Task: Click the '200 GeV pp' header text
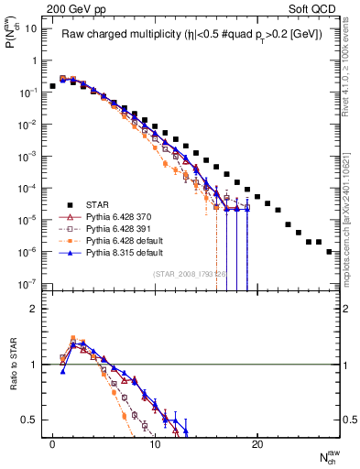point(65,8)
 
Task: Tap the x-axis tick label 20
point(257,443)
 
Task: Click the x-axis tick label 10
point(156,443)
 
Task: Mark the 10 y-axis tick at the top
point(30,27)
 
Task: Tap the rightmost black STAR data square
point(329,251)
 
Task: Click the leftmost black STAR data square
point(53,86)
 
